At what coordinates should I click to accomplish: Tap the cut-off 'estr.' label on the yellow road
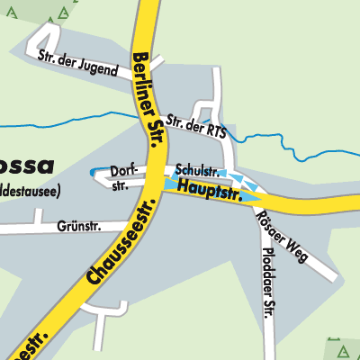[27, 343]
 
